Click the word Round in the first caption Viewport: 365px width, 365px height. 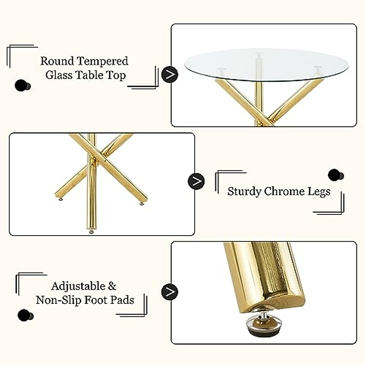coord(57,61)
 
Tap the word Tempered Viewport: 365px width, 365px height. coord(102,62)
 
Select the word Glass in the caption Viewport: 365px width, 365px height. coord(59,75)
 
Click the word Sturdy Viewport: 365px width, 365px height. coord(244,192)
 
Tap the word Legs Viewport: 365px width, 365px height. coord(319,192)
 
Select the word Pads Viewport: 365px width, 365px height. coord(122,300)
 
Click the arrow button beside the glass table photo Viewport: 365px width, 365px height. coord(170,75)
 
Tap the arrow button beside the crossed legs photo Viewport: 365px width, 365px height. coord(196,182)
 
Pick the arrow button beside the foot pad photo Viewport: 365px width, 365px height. coord(170,292)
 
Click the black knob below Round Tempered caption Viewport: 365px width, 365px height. coord(22,85)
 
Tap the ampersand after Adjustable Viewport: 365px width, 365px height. coord(112,286)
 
